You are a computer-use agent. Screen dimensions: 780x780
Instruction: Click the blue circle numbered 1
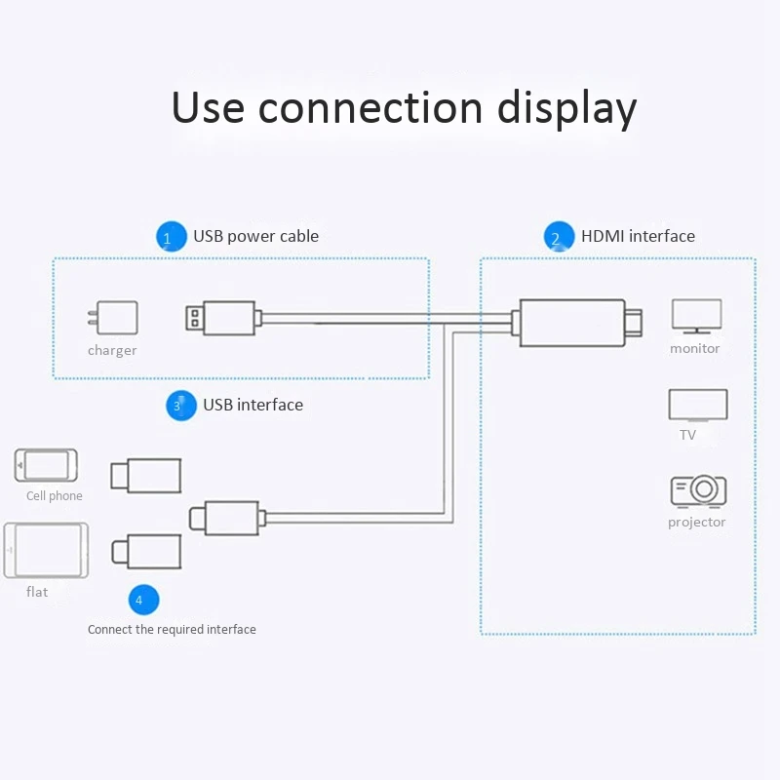tap(171, 237)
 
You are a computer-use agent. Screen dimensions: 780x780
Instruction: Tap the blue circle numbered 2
tap(558, 237)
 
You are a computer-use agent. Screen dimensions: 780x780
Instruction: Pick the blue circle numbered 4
tap(142, 600)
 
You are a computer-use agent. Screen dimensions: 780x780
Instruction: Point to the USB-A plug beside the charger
tap(222, 318)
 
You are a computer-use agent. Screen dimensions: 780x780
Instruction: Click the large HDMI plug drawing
tap(579, 322)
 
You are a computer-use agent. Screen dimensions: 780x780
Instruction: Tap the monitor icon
tap(696, 317)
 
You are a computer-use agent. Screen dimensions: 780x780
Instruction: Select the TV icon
tap(697, 406)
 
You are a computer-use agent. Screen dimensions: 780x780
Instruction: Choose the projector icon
tap(697, 490)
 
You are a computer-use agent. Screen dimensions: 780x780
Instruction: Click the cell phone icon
tap(46, 466)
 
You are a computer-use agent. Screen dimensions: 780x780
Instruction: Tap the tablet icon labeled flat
tap(46, 552)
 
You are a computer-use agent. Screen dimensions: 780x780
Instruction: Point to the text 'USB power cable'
tap(255, 236)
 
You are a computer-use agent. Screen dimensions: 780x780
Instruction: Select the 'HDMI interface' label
tap(638, 236)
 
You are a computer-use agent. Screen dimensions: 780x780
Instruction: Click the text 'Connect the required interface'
tap(172, 630)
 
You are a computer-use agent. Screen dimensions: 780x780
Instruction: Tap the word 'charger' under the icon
tap(112, 351)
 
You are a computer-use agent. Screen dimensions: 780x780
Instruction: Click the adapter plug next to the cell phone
tap(145, 475)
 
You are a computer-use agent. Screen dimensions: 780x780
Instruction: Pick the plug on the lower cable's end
tap(225, 517)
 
